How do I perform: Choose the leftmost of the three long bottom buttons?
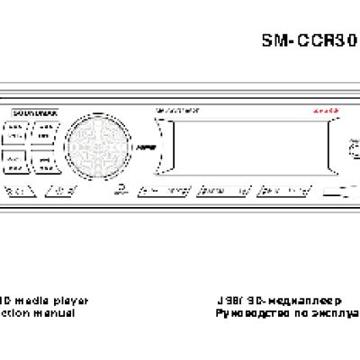tap(166, 192)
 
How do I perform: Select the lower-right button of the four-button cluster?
tap(42, 160)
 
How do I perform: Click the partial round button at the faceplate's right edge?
tap(355, 144)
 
